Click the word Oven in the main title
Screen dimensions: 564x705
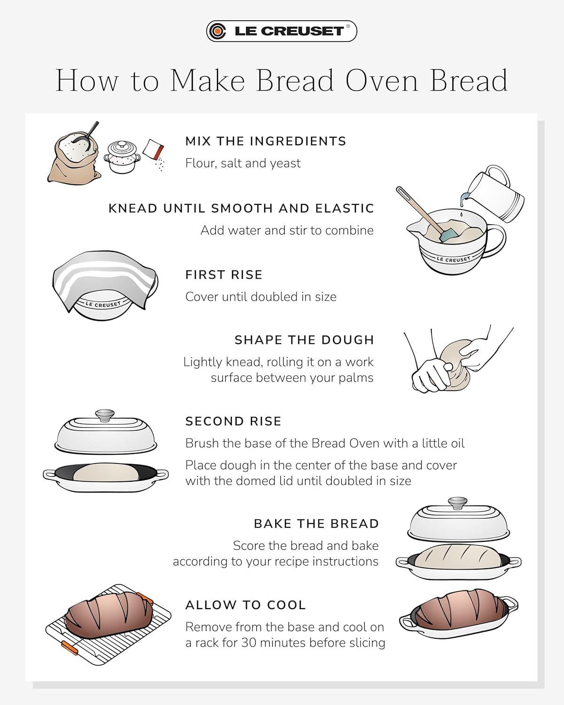[382, 80]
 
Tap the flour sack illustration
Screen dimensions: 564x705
[74, 155]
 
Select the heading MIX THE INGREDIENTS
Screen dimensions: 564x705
[266, 141]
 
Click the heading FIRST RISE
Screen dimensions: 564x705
[224, 275]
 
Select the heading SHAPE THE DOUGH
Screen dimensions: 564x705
[305, 340]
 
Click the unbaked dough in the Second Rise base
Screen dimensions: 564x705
[106, 472]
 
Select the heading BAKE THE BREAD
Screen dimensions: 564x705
[316, 524]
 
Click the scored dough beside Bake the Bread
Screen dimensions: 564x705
[458, 556]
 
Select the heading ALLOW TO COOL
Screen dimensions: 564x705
[245, 605]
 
